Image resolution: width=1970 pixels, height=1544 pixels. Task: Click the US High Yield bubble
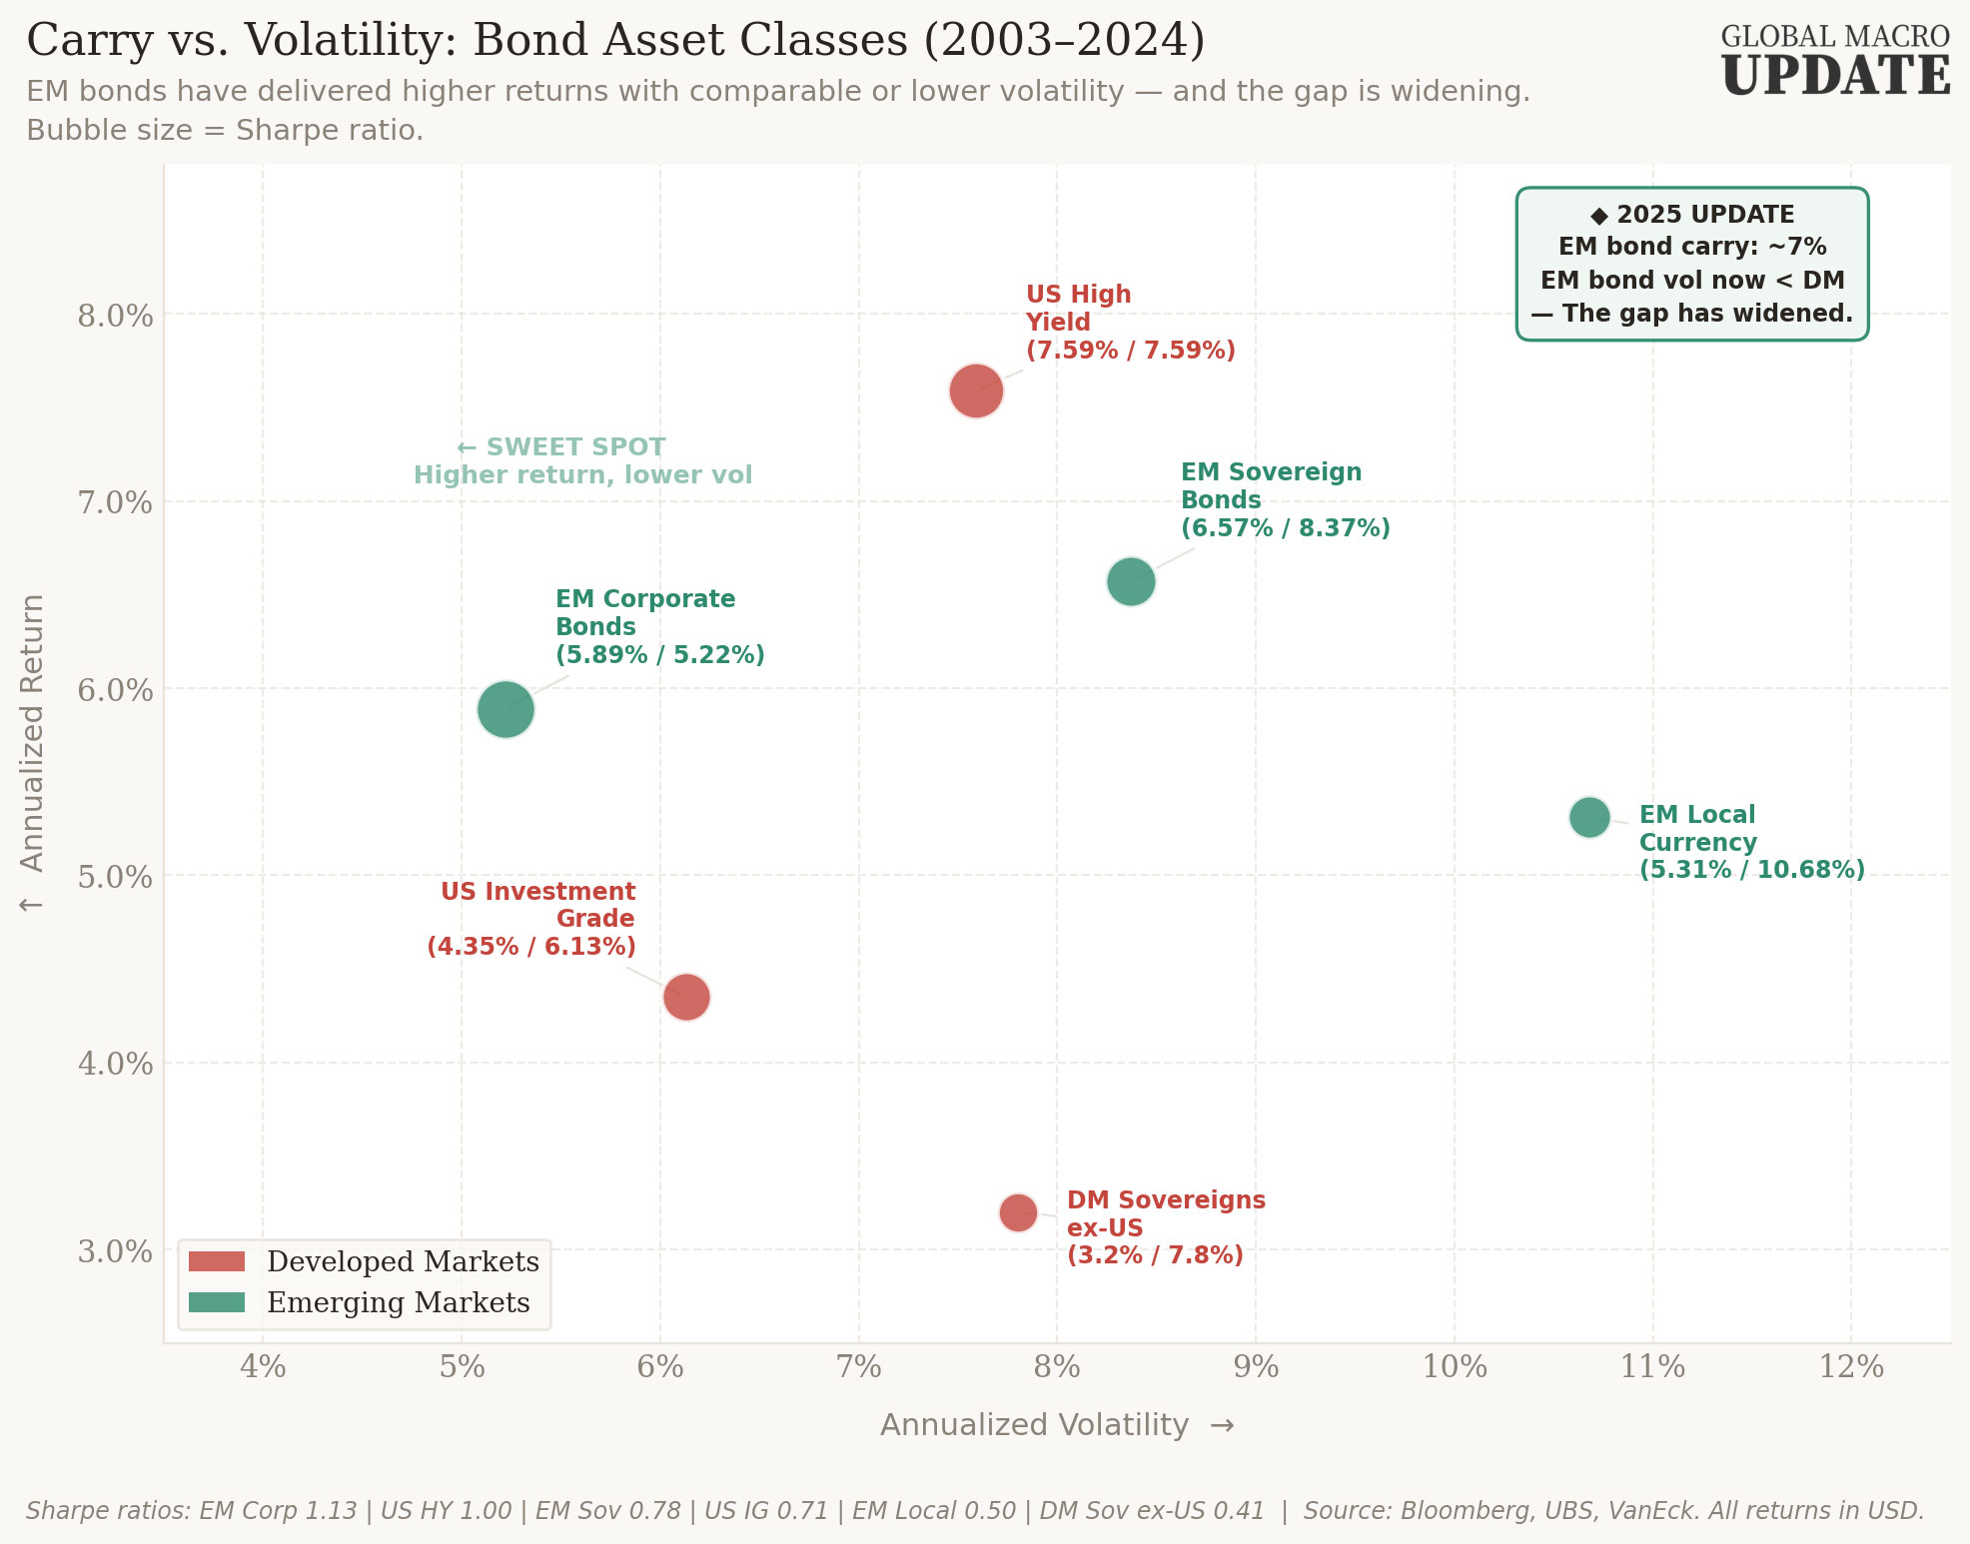(x=976, y=390)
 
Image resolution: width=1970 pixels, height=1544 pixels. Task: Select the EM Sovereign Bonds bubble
(x=1131, y=581)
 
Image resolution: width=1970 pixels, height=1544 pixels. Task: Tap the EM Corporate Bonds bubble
(x=505, y=709)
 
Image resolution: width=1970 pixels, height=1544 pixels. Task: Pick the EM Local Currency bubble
(x=1589, y=818)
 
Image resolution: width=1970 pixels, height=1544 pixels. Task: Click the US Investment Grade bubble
(x=686, y=997)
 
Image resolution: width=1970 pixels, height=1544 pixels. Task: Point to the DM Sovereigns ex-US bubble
(x=1018, y=1212)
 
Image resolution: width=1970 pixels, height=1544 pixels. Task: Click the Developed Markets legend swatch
(x=217, y=1261)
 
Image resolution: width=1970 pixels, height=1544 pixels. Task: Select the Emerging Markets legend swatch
(x=217, y=1302)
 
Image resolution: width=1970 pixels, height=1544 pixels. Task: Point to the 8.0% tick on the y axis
(x=115, y=316)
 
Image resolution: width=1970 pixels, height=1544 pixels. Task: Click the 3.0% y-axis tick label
(x=115, y=1251)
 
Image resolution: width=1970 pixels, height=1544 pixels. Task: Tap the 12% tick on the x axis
(x=1851, y=1366)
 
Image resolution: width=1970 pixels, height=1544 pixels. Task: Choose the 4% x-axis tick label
(x=263, y=1366)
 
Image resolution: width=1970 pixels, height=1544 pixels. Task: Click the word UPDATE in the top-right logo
(x=1835, y=77)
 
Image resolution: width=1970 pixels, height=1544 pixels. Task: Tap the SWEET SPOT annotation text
(x=574, y=447)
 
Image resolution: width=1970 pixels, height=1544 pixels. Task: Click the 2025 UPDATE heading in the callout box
(x=1692, y=215)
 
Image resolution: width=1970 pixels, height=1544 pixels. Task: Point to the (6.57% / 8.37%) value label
(x=1285, y=528)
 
